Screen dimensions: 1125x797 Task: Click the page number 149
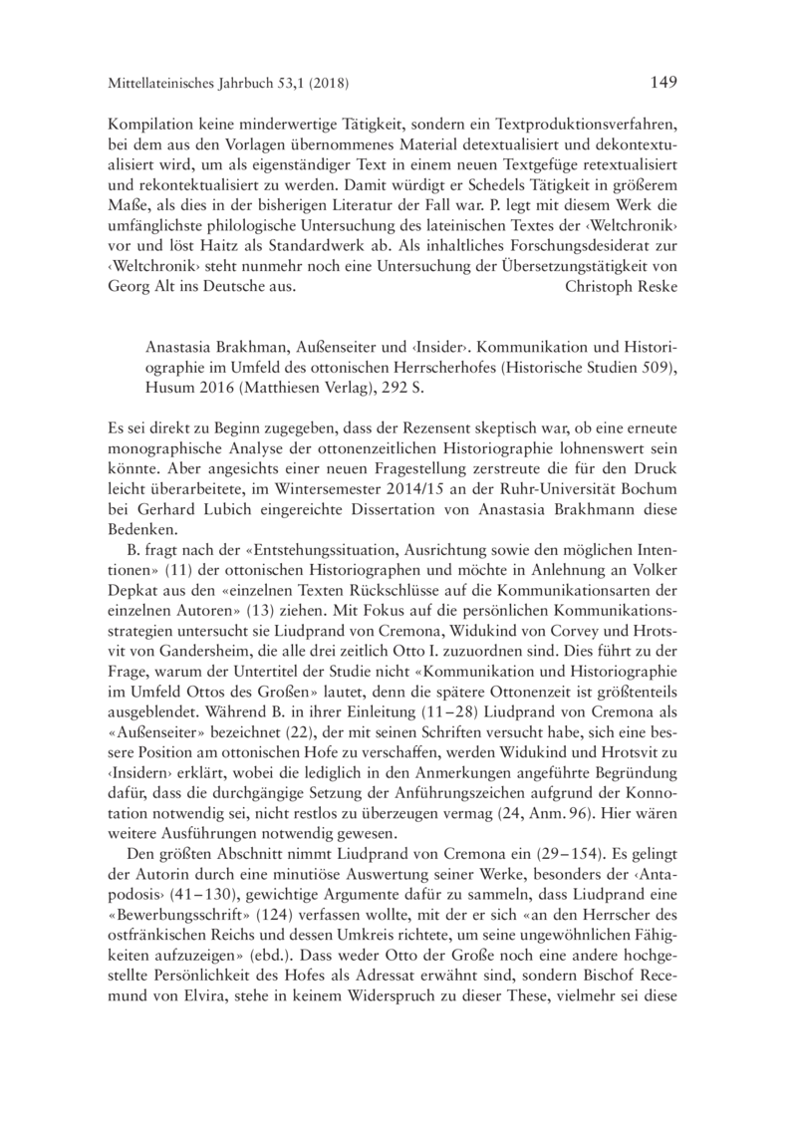pyautogui.click(x=663, y=82)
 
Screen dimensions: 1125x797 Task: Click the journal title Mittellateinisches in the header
pyautogui.click(x=172, y=83)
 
